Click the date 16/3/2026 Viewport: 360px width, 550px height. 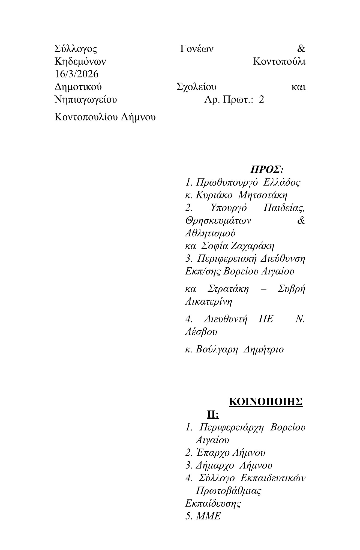coord(76,74)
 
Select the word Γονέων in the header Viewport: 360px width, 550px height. coord(197,49)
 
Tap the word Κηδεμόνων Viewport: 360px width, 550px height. coord(80,62)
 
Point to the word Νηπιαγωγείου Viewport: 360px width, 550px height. coord(86,100)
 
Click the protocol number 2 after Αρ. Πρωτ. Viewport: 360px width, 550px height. coord(261,100)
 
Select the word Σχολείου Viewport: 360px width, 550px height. coord(196,87)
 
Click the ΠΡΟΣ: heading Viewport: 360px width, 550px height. coord(267,170)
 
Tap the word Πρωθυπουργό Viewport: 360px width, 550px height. coord(227,182)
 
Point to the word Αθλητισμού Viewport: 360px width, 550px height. coord(210,233)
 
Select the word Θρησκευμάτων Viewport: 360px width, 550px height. coord(218,220)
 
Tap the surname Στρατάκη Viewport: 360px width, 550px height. coord(228,289)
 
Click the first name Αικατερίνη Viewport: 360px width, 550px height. coord(208,302)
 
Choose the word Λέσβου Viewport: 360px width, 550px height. coord(201,332)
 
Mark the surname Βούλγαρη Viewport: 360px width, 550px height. coord(217,349)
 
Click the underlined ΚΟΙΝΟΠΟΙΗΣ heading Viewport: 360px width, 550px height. coord(265,402)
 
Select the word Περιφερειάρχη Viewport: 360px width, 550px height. coord(232,427)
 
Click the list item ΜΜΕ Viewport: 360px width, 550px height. coord(208,516)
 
